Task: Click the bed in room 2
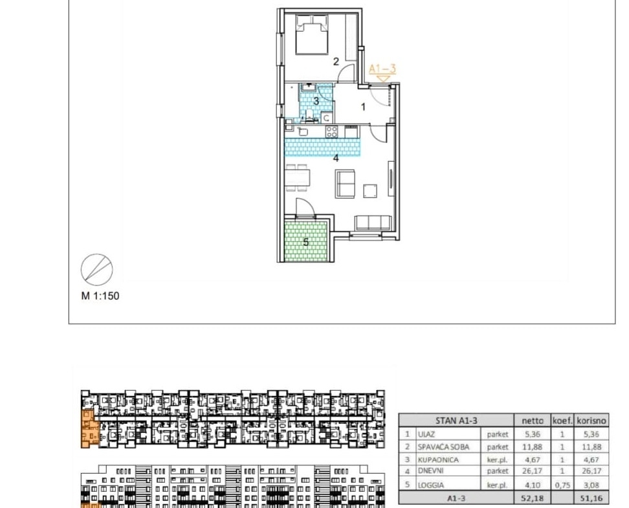312,34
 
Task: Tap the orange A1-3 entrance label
382,69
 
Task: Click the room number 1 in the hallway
364,107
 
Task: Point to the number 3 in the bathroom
316,101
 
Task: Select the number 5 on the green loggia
306,243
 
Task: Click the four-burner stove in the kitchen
331,131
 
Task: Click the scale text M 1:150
100,296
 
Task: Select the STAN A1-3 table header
456,421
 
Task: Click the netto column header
533,421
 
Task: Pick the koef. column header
562,421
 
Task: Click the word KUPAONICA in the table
438,460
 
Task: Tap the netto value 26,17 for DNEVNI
533,471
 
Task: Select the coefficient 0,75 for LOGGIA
562,485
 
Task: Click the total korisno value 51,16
591,498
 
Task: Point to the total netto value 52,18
533,498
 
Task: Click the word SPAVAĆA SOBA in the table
443,447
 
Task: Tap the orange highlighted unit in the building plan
88,428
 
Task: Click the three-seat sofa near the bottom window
373,223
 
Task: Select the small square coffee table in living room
370,191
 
